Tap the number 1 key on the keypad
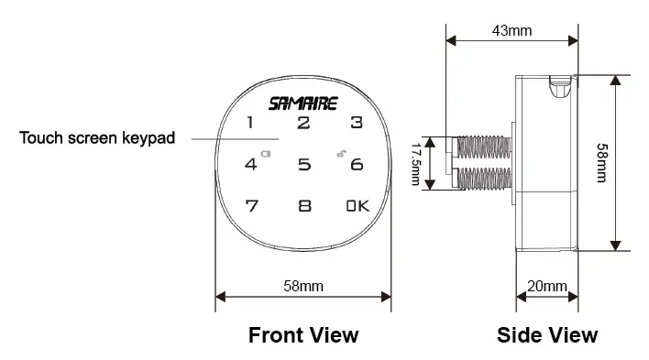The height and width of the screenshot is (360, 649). (250, 123)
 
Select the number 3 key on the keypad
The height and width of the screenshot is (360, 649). (357, 123)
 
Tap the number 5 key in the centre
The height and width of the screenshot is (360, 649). (303, 166)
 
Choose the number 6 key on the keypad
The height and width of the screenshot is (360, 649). (357, 166)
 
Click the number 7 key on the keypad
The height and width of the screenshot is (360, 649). (250, 206)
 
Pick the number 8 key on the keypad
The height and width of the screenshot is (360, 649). (303, 206)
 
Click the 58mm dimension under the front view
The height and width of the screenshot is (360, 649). (303, 287)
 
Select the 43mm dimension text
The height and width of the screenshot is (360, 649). (511, 30)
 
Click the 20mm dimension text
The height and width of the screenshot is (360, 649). (546, 287)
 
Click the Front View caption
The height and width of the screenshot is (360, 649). (303, 334)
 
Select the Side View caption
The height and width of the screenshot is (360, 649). (546, 334)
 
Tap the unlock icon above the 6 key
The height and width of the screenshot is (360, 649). (340, 153)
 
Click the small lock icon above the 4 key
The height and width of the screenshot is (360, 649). (266, 154)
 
